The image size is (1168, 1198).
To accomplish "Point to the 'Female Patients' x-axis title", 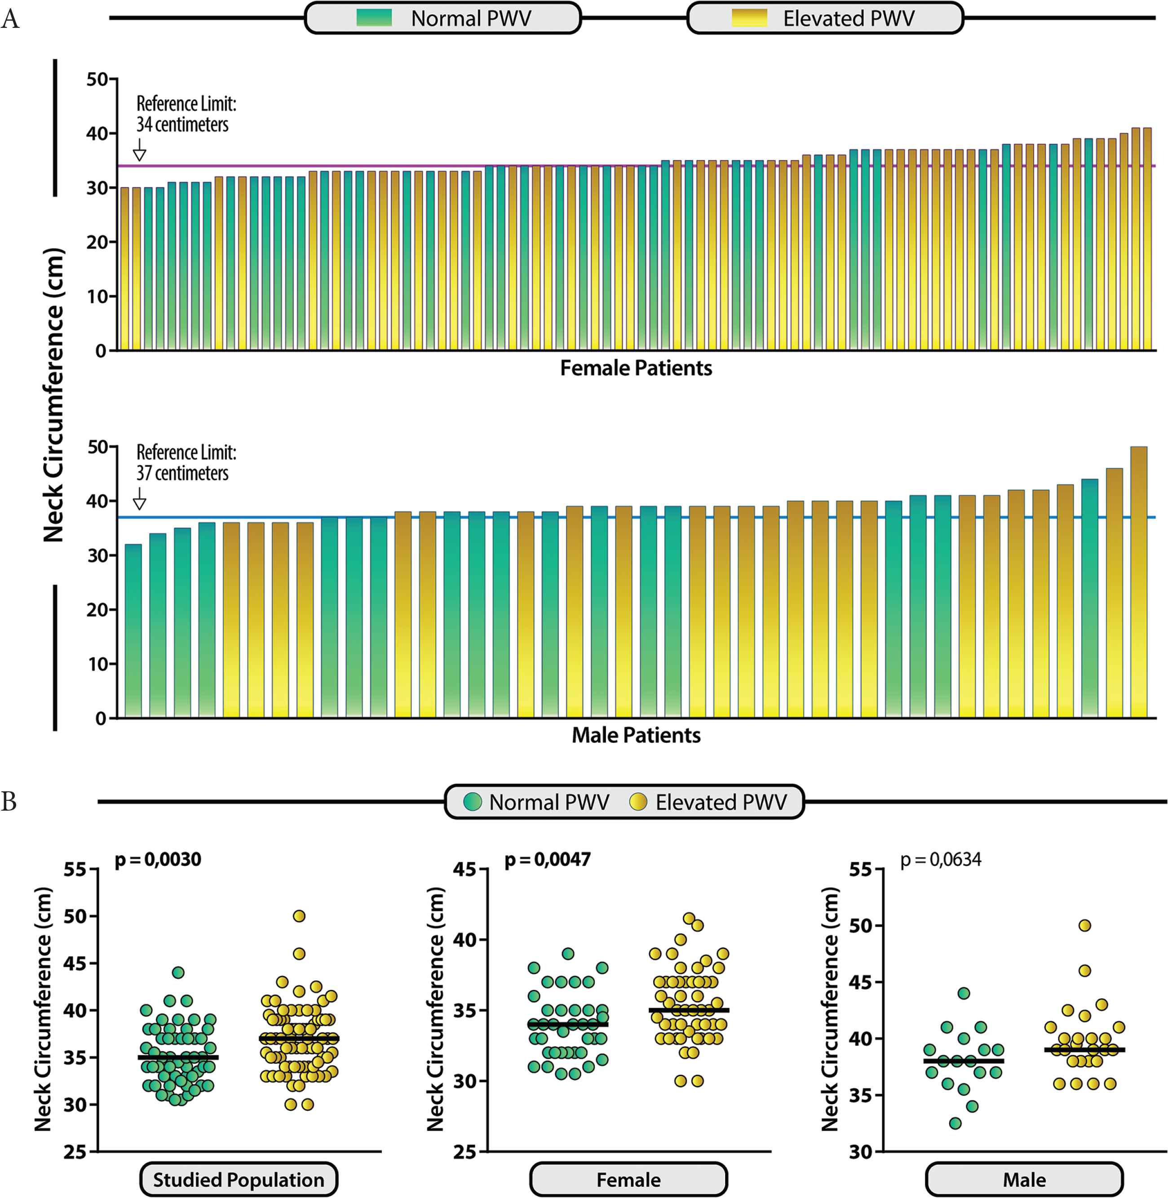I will coord(636,368).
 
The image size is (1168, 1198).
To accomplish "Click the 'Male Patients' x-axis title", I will coord(636,735).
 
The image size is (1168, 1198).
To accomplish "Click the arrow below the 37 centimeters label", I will coord(140,499).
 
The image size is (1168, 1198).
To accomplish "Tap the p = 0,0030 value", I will coord(158,859).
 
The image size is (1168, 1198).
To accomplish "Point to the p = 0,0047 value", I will coord(548,859).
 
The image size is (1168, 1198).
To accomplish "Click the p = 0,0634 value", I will coord(940,859).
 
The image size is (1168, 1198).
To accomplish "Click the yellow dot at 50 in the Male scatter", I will coord(1084,926).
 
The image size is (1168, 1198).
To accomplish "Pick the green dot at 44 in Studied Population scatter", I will coord(178,972).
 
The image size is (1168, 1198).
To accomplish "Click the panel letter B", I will coord(9,802).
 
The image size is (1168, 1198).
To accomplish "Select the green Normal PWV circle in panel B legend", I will coord(472,802).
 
